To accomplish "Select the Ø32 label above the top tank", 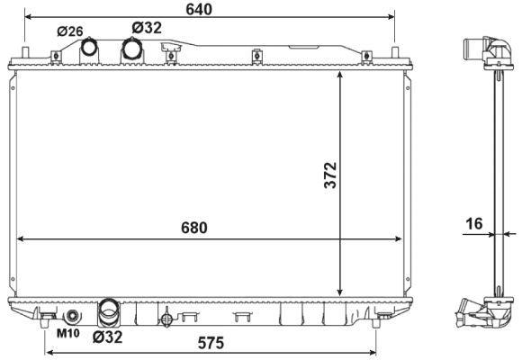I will pyautogui.click(x=146, y=28).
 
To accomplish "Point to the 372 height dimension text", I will pyautogui.click(x=329, y=176).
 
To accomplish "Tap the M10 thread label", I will pyautogui.click(x=67, y=333).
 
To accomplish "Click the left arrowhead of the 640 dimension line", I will pyautogui.click(x=29, y=17).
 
